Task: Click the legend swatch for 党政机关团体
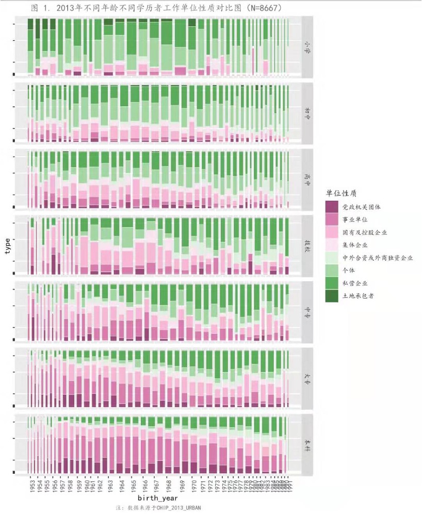point(332,207)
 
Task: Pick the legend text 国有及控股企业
point(364,233)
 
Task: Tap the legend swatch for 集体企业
point(332,245)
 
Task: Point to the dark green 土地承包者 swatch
point(332,296)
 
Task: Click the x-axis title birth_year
point(158,499)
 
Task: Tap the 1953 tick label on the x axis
point(31,487)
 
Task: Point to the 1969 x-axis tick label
point(182,487)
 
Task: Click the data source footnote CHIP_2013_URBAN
point(176,508)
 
